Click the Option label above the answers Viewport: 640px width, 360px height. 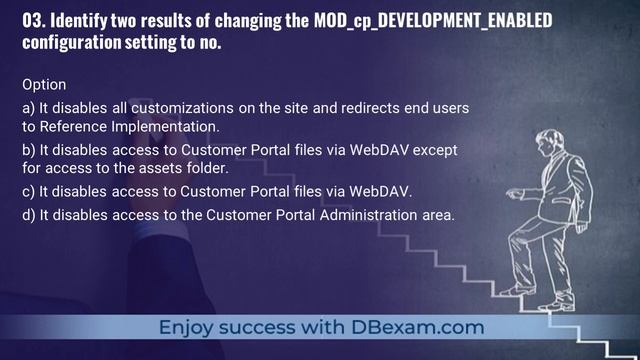click(x=44, y=86)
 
